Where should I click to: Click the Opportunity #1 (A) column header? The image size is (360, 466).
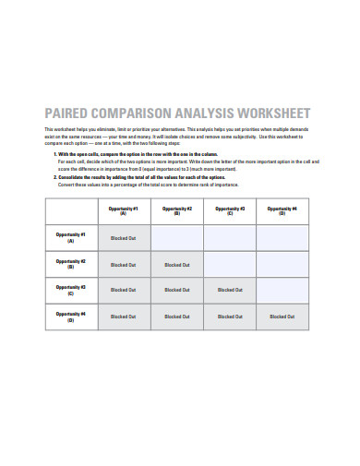tap(123, 210)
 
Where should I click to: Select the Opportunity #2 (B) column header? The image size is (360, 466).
tap(176, 210)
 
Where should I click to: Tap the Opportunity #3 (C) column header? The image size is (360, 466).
tap(229, 210)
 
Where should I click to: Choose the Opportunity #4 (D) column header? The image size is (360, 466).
tap(282, 210)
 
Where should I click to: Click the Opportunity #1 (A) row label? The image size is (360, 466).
tap(70, 237)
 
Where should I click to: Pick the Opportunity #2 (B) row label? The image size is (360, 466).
tap(70, 264)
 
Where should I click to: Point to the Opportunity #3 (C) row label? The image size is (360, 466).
tap(70, 290)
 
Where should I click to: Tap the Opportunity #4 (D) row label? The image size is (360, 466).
tap(70, 317)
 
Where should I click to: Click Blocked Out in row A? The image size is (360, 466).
tap(123, 238)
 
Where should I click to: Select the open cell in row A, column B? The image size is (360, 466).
tap(176, 238)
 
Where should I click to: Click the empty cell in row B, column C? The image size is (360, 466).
tap(229, 264)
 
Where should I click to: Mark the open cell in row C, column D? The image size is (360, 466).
tap(282, 290)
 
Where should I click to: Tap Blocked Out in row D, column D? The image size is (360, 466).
tap(282, 317)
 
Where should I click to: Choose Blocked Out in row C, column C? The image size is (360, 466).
tap(229, 290)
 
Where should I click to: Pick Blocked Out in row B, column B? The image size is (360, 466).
tap(176, 264)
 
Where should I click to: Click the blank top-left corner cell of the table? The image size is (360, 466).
tap(70, 210)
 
